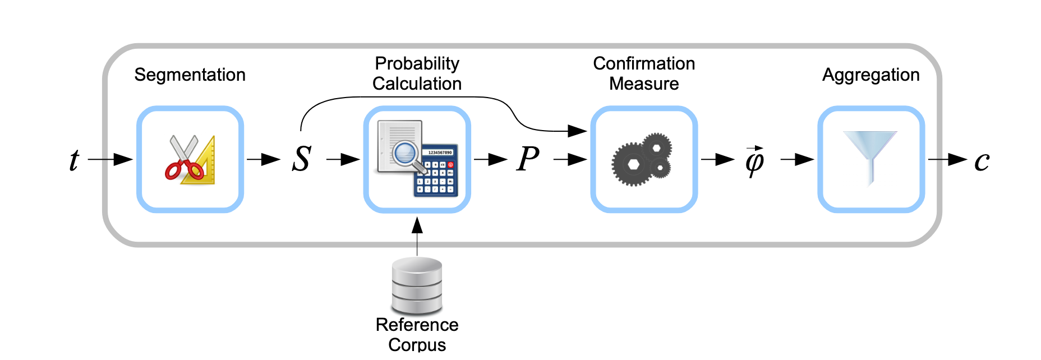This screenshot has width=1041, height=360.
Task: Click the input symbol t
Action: coord(74,160)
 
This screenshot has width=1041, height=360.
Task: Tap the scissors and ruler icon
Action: coord(190,160)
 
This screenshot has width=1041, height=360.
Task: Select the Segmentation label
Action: coord(190,75)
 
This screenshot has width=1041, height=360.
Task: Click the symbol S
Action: coord(301,159)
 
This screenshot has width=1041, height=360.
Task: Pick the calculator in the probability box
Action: coord(436,172)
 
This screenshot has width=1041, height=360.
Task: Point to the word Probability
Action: coord(417,63)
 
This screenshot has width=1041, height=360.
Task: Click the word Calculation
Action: coord(417,84)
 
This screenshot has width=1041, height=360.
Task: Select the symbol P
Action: coord(528,159)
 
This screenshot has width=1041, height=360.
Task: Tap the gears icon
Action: coord(642,159)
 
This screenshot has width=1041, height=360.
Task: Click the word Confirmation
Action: coord(644,63)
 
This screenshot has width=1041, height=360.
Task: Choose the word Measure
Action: coord(644,84)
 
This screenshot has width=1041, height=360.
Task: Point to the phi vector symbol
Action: coord(754,161)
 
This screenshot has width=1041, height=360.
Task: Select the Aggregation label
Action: coord(870,75)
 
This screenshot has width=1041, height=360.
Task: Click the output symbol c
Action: coord(982,161)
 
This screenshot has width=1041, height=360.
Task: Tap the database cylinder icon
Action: coord(417,285)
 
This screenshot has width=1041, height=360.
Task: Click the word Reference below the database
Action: coord(417,325)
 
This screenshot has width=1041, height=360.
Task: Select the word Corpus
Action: coord(417,344)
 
